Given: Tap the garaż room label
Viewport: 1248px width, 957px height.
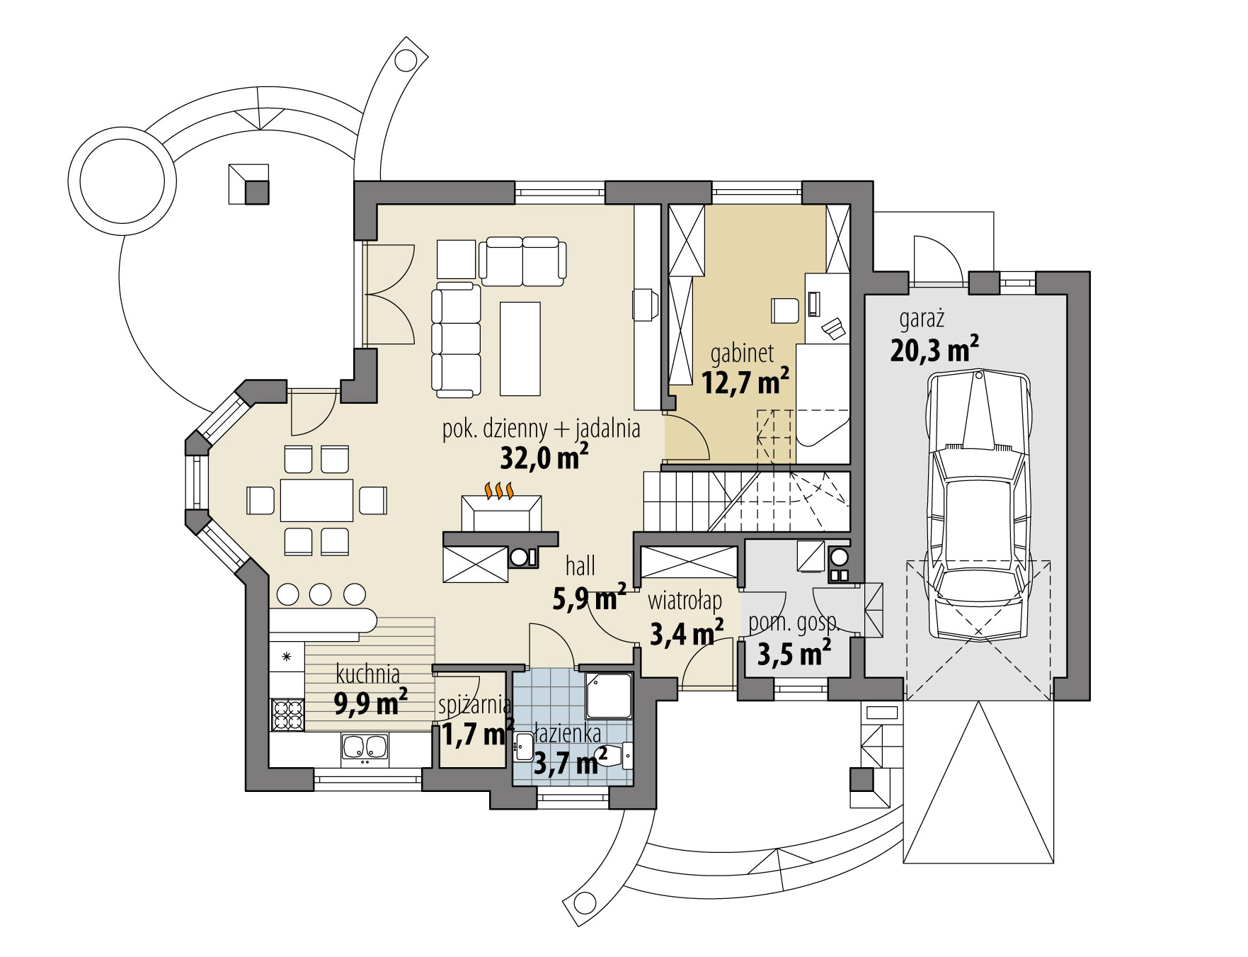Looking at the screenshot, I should pos(922,319).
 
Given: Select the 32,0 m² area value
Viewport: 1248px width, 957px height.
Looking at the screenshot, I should pos(544,458).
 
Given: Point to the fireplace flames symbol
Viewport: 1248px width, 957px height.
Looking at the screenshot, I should pos(498,490).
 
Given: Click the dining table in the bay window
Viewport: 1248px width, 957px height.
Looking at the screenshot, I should pos(316,500).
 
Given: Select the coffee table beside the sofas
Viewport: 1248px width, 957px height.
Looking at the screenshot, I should pos(520,348).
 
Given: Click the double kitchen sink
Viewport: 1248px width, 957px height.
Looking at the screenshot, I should pos(365,749).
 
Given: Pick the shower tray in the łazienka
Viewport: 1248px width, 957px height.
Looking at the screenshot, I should pos(609,695).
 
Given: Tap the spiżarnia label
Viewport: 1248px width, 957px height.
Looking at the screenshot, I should pos(474,705).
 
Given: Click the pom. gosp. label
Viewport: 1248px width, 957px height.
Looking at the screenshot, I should pos(793,623).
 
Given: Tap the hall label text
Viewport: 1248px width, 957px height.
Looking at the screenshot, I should pos(580,566).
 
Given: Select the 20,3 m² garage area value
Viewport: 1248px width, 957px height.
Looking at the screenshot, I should pos(934,349).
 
